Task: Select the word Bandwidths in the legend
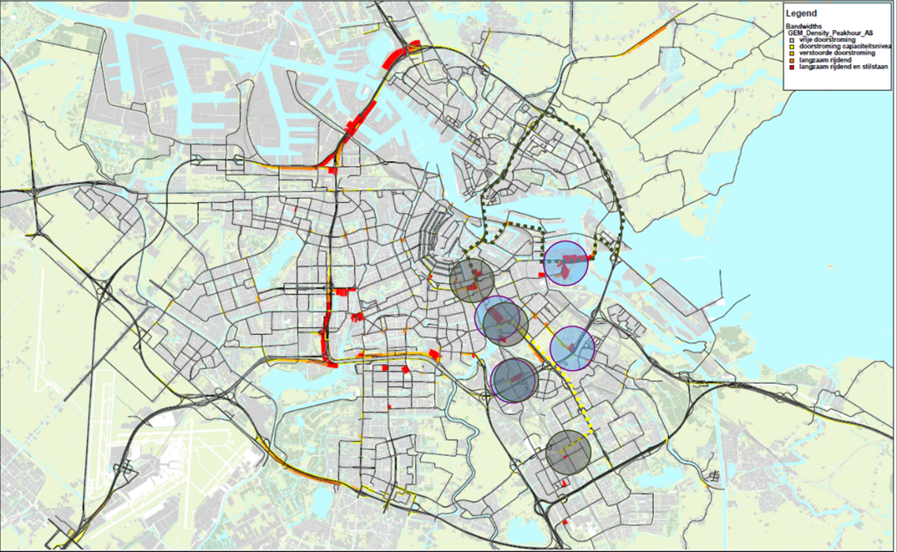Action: (x=804, y=26)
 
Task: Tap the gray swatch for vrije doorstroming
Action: (x=792, y=40)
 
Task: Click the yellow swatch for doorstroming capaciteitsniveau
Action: (x=792, y=48)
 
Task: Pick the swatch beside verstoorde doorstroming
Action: (x=792, y=54)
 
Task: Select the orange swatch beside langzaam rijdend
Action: (x=792, y=61)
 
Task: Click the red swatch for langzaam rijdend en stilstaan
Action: (x=792, y=67)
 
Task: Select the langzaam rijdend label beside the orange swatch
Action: (x=826, y=61)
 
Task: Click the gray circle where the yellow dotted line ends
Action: (x=569, y=452)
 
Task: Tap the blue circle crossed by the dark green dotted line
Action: (x=566, y=263)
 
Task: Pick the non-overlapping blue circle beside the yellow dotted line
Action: (x=572, y=348)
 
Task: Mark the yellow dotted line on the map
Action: (x=564, y=380)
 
